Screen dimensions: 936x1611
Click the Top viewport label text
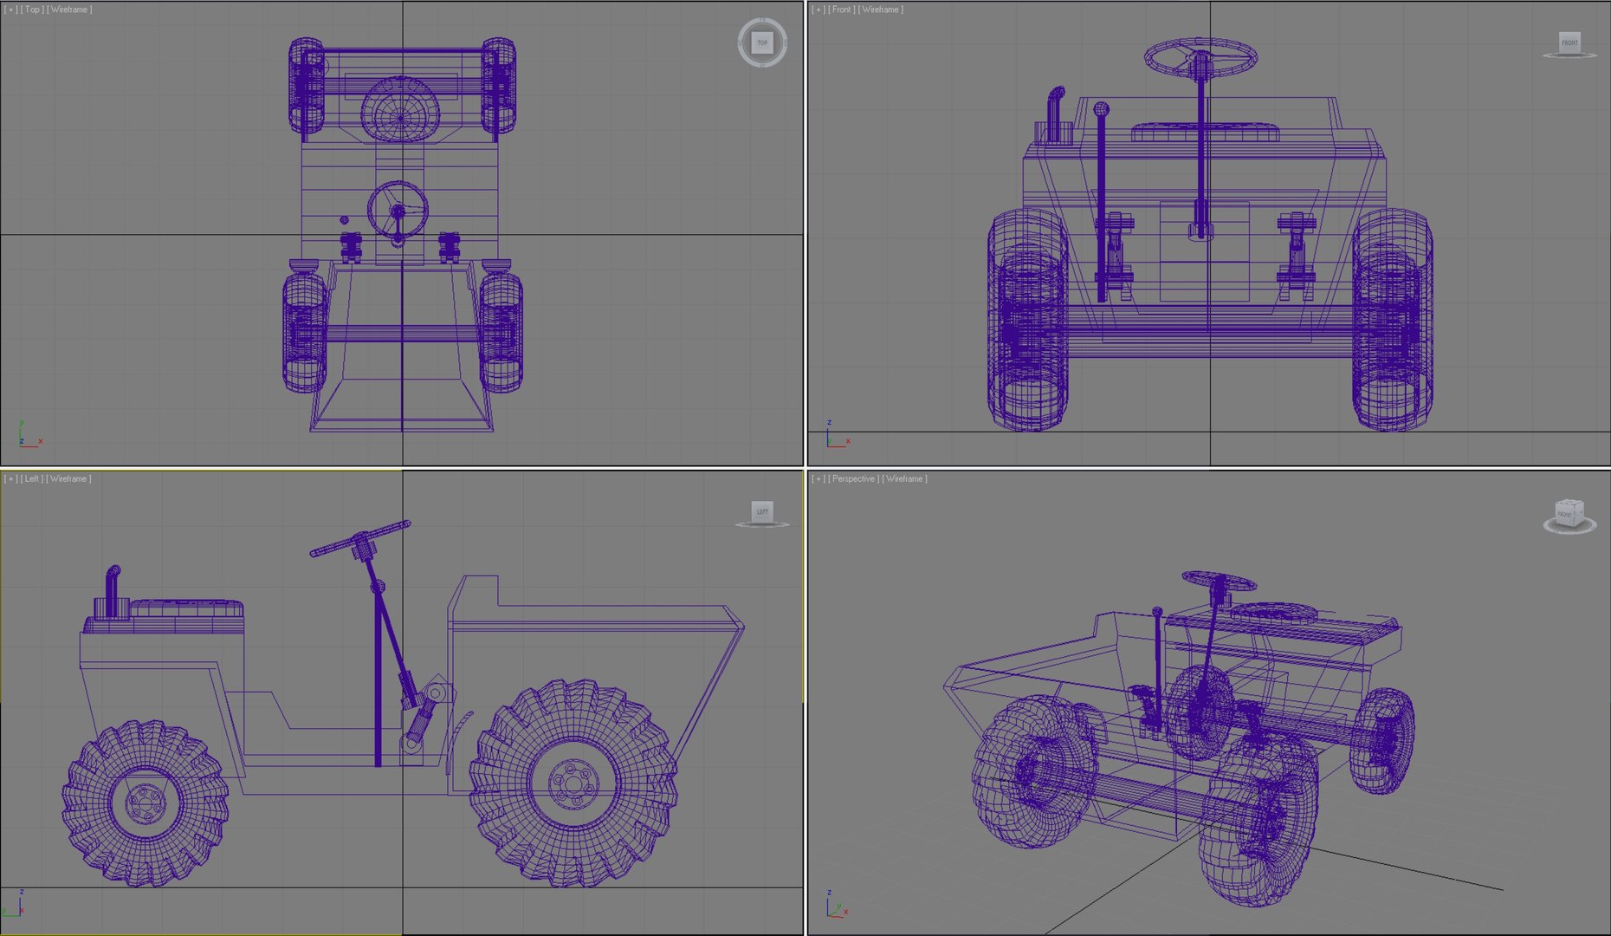32,10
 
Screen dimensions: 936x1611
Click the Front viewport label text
841,10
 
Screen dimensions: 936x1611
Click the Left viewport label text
32,478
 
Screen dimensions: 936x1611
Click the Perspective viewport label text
853,478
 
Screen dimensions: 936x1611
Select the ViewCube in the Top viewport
762,42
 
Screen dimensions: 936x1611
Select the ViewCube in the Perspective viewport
1569,513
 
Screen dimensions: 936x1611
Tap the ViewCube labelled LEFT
762,511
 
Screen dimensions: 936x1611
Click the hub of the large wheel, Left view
573,783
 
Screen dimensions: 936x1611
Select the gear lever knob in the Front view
1101,109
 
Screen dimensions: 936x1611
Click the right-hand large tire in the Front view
1391,321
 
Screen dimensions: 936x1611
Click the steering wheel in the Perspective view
1219,580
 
